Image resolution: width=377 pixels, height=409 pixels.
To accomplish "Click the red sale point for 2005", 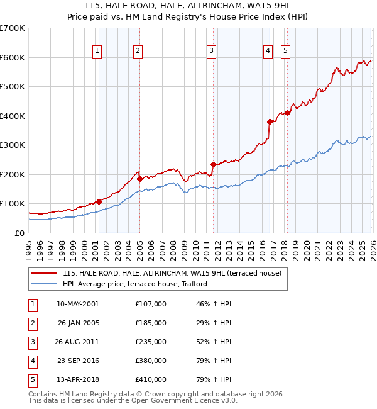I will [139, 179].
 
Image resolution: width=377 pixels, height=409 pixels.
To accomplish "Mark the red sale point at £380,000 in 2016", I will [270, 121].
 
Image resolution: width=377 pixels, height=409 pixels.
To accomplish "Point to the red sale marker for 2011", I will [213, 164].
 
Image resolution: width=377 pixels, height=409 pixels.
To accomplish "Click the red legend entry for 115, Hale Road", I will [175, 273].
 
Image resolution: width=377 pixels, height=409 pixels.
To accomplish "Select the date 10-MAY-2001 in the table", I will [77, 304].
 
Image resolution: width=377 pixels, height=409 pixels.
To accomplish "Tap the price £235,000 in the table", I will [150, 342].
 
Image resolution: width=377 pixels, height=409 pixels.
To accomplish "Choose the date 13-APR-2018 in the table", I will [77, 379].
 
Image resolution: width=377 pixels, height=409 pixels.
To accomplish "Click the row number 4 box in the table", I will [31, 361].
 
